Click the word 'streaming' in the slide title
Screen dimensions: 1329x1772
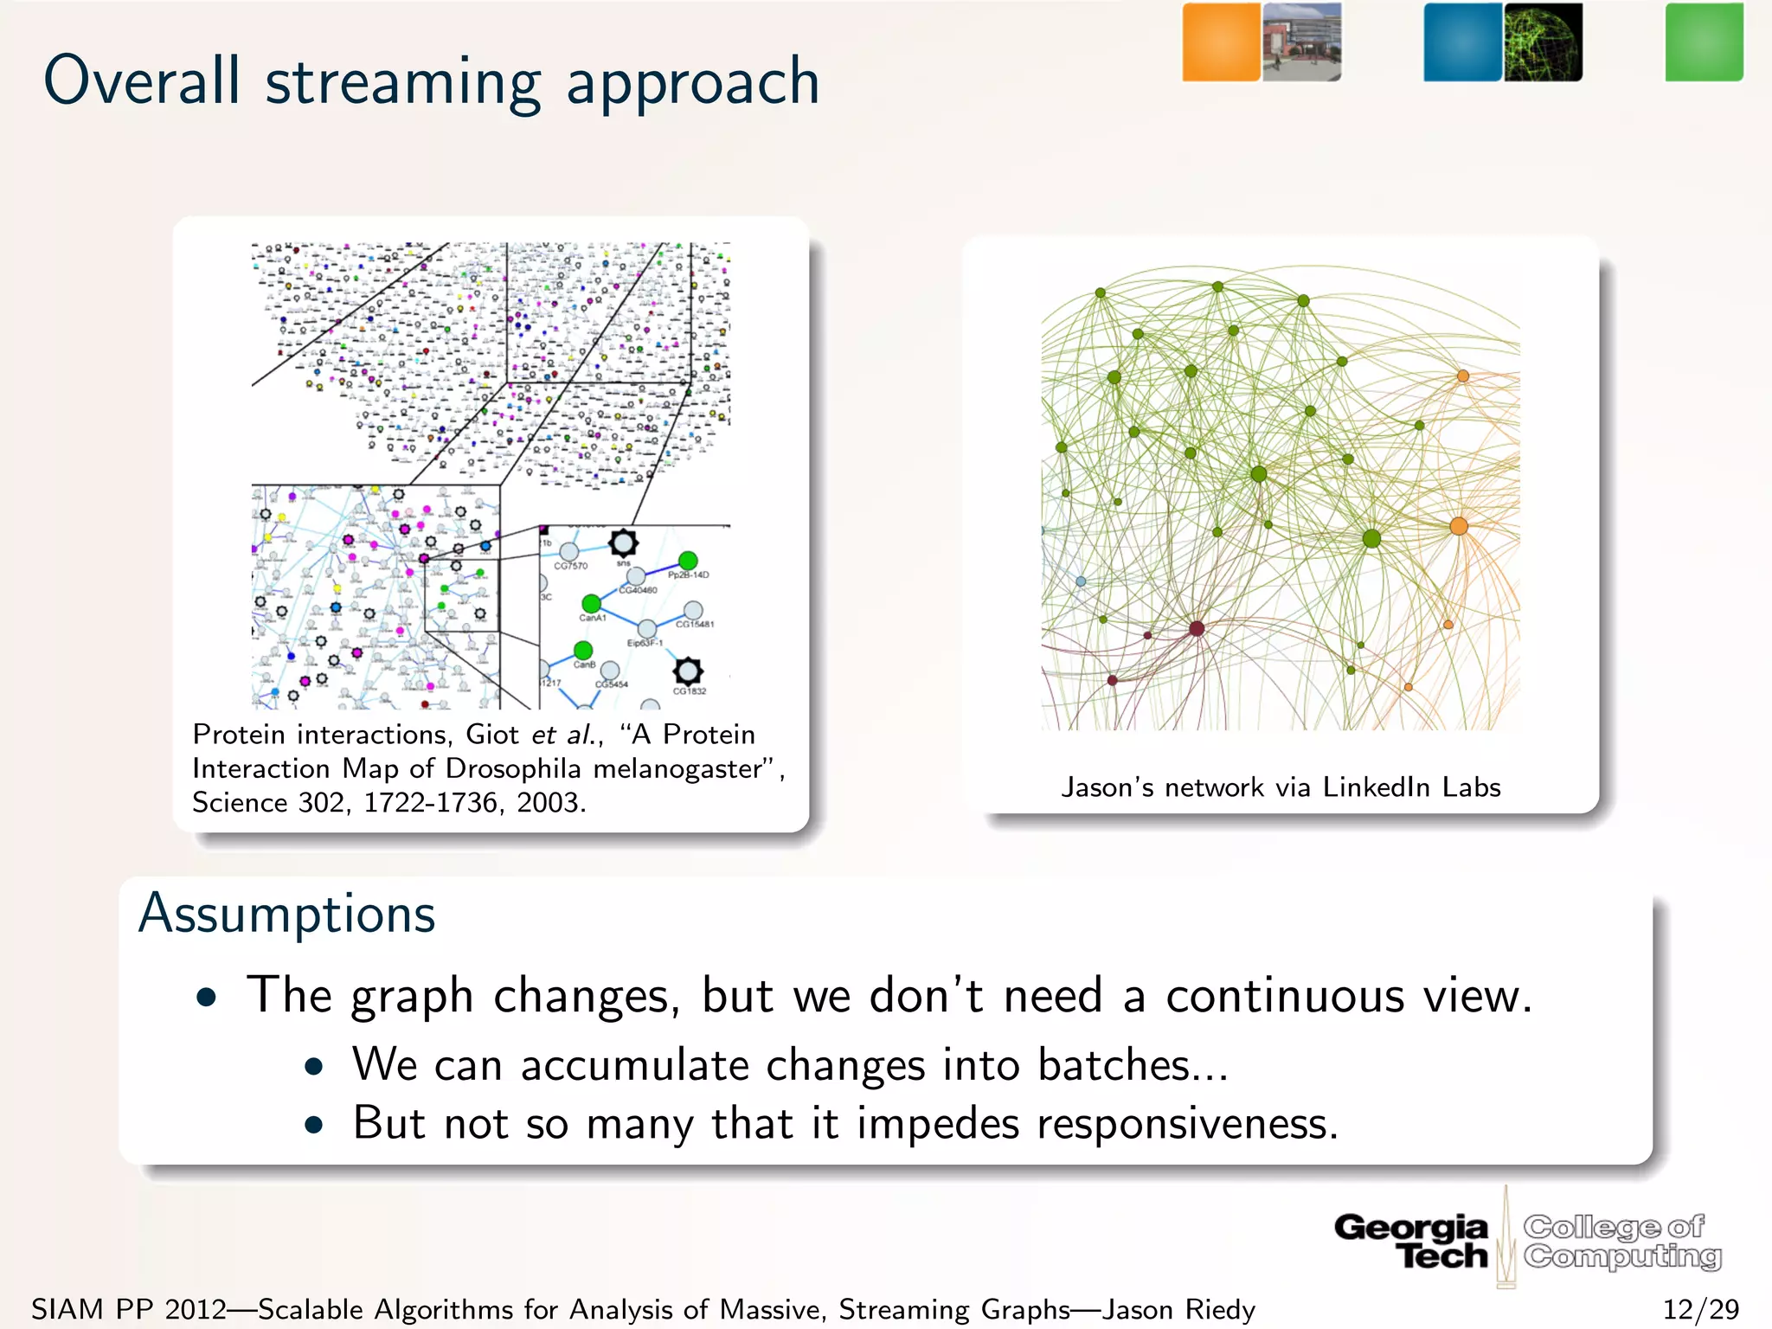[x=402, y=82]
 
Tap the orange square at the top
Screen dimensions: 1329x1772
[x=1221, y=42]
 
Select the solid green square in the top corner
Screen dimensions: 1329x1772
[x=1704, y=42]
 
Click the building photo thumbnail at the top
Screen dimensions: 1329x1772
[x=1302, y=42]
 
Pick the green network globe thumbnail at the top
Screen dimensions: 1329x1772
[x=1543, y=42]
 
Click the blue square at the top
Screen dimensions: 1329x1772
[x=1462, y=42]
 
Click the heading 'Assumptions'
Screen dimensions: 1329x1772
[x=287, y=915]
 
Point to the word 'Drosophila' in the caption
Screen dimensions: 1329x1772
[x=513, y=768]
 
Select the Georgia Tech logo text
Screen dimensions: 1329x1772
[x=1411, y=1240]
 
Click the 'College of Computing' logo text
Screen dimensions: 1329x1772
[x=1621, y=1240]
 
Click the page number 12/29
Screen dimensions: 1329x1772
[x=1700, y=1309]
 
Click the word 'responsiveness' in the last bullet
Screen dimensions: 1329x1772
[x=1185, y=1124]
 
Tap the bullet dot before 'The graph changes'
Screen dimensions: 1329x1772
[x=206, y=998]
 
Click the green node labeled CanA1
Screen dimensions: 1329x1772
[x=591, y=603]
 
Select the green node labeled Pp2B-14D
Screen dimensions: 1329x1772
[x=688, y=561]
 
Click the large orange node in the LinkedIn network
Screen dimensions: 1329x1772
[x=1459, y=526]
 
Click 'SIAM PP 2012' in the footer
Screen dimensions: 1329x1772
[x=128, y=1309]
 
